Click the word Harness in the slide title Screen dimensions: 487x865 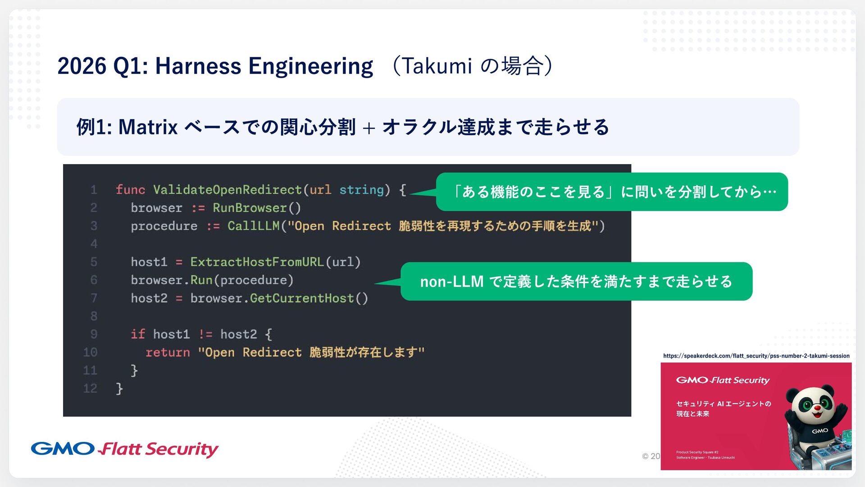tap(198, 66)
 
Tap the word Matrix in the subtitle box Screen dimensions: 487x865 tap(148, 127)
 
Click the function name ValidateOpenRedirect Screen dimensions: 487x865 tap(227, 190)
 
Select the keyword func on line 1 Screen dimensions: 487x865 tap(130, 190)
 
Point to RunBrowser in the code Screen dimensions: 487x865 tap(250, 208)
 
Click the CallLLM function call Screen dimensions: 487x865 tap(253, 226)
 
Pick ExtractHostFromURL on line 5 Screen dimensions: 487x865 tap(257, 262)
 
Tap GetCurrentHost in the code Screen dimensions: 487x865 tap(302, 298)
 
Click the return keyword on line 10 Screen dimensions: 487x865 tap(168, 352)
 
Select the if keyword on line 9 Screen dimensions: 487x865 tap(138, 334)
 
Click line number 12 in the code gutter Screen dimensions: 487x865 tap(90, 388)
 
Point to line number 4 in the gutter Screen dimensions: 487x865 tap(94, 244)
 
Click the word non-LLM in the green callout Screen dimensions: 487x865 tap(451, 282)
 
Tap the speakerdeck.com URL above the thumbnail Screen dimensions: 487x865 tap(756, 356)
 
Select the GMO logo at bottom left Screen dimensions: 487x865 tap(63, 449)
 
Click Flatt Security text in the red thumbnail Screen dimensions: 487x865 tap(739, 380)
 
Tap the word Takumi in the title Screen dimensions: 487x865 tap(436, 66)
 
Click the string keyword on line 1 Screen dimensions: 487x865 tap(361, 190)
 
